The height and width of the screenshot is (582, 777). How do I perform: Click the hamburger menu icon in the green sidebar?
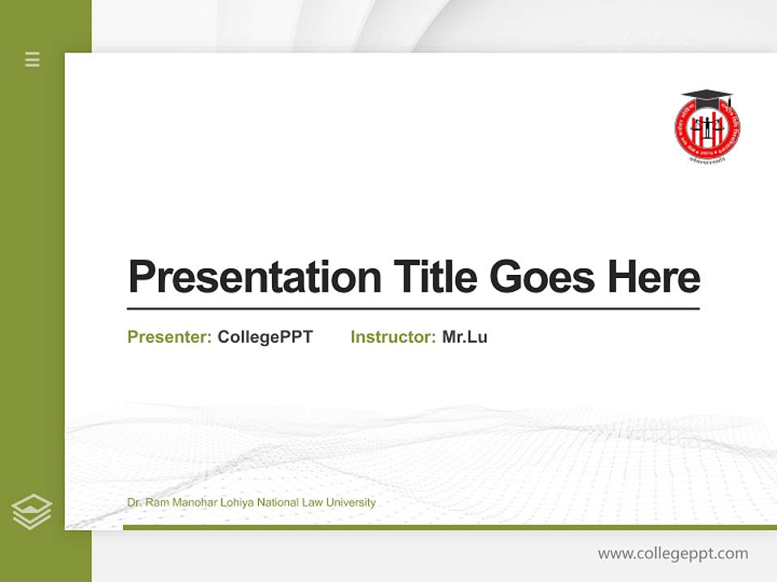[32, 59]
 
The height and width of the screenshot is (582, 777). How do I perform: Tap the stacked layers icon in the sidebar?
[32, 512]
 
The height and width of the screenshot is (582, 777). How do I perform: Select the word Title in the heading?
[435, 277]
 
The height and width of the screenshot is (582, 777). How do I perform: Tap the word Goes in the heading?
[541, 277]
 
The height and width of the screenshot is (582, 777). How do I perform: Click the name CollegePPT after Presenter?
[265, 337]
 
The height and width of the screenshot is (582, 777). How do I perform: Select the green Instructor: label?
[393, 337]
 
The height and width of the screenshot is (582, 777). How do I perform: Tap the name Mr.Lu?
[465, 337]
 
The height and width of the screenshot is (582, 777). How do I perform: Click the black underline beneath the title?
[413, 308]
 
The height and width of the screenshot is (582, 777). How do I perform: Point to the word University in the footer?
[350, 503]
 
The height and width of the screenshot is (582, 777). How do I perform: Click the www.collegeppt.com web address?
[673, 554]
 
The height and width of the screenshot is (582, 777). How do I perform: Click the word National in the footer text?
[279, 503]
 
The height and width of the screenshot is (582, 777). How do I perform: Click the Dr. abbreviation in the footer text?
[134, 503]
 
